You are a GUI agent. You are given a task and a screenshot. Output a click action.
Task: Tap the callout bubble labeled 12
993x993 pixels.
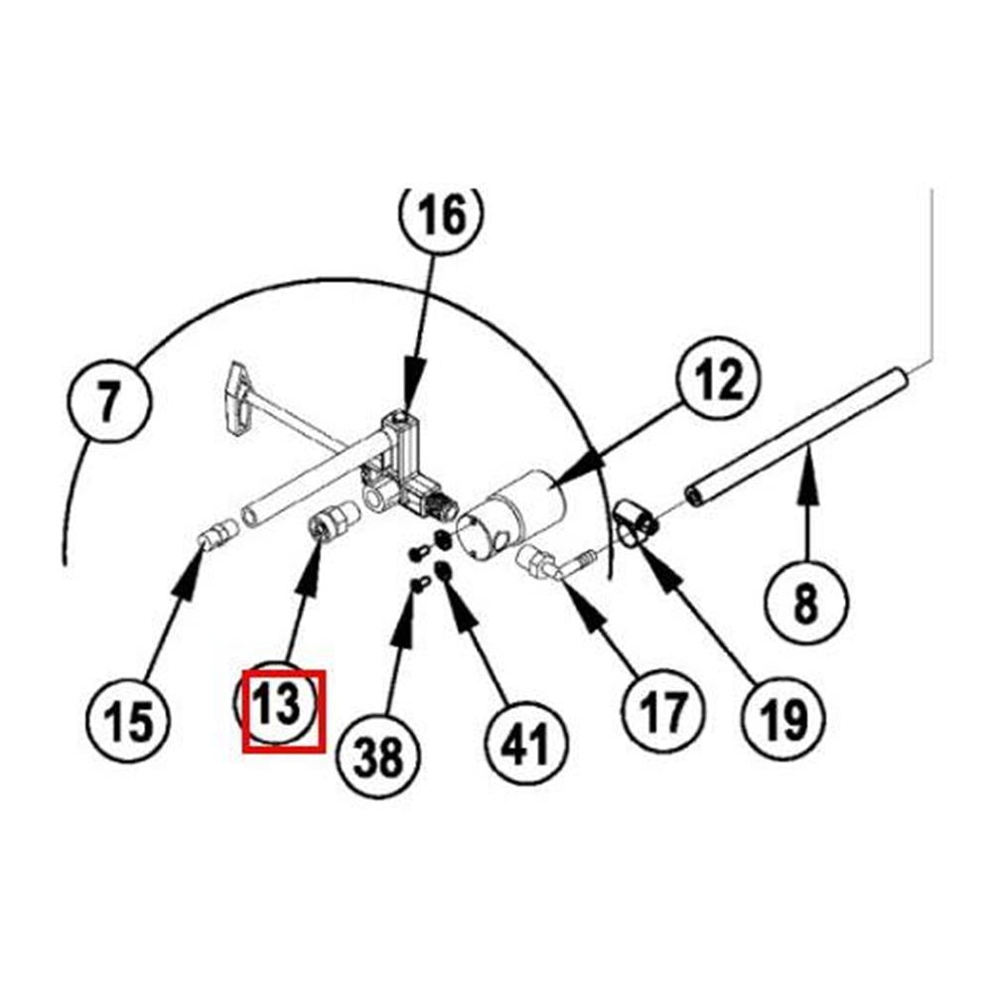[x=718, y=380]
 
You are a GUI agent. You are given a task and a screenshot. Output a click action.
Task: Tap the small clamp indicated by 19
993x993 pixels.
[x=631, y=520]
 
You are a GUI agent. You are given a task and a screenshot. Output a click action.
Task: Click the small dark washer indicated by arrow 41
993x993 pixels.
[x=444, y=571]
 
